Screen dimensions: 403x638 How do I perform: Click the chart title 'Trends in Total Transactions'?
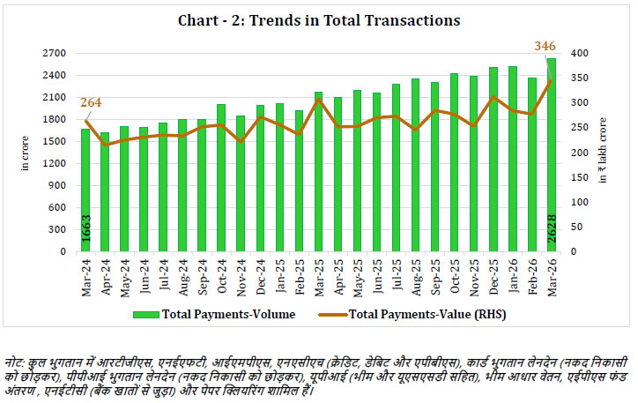[x=318, y=20]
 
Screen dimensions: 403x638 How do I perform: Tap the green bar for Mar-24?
[x=85, y=190]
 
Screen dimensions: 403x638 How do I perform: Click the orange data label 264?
[x=91, y=102]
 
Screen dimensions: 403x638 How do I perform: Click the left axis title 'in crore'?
[x=26, y=153]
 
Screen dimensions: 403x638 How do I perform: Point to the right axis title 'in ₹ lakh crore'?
[x=605, y=152]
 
